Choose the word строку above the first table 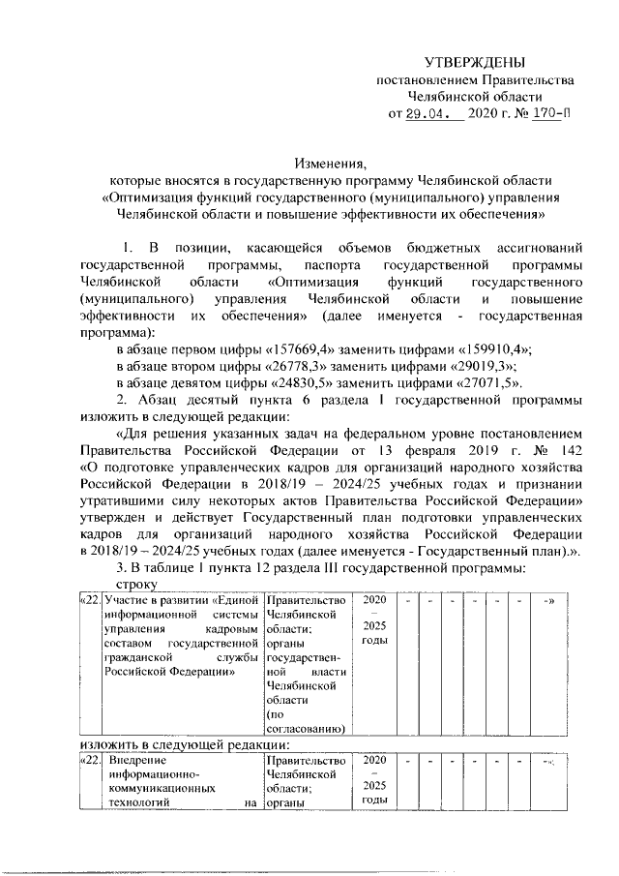click(x=136, y=586)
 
